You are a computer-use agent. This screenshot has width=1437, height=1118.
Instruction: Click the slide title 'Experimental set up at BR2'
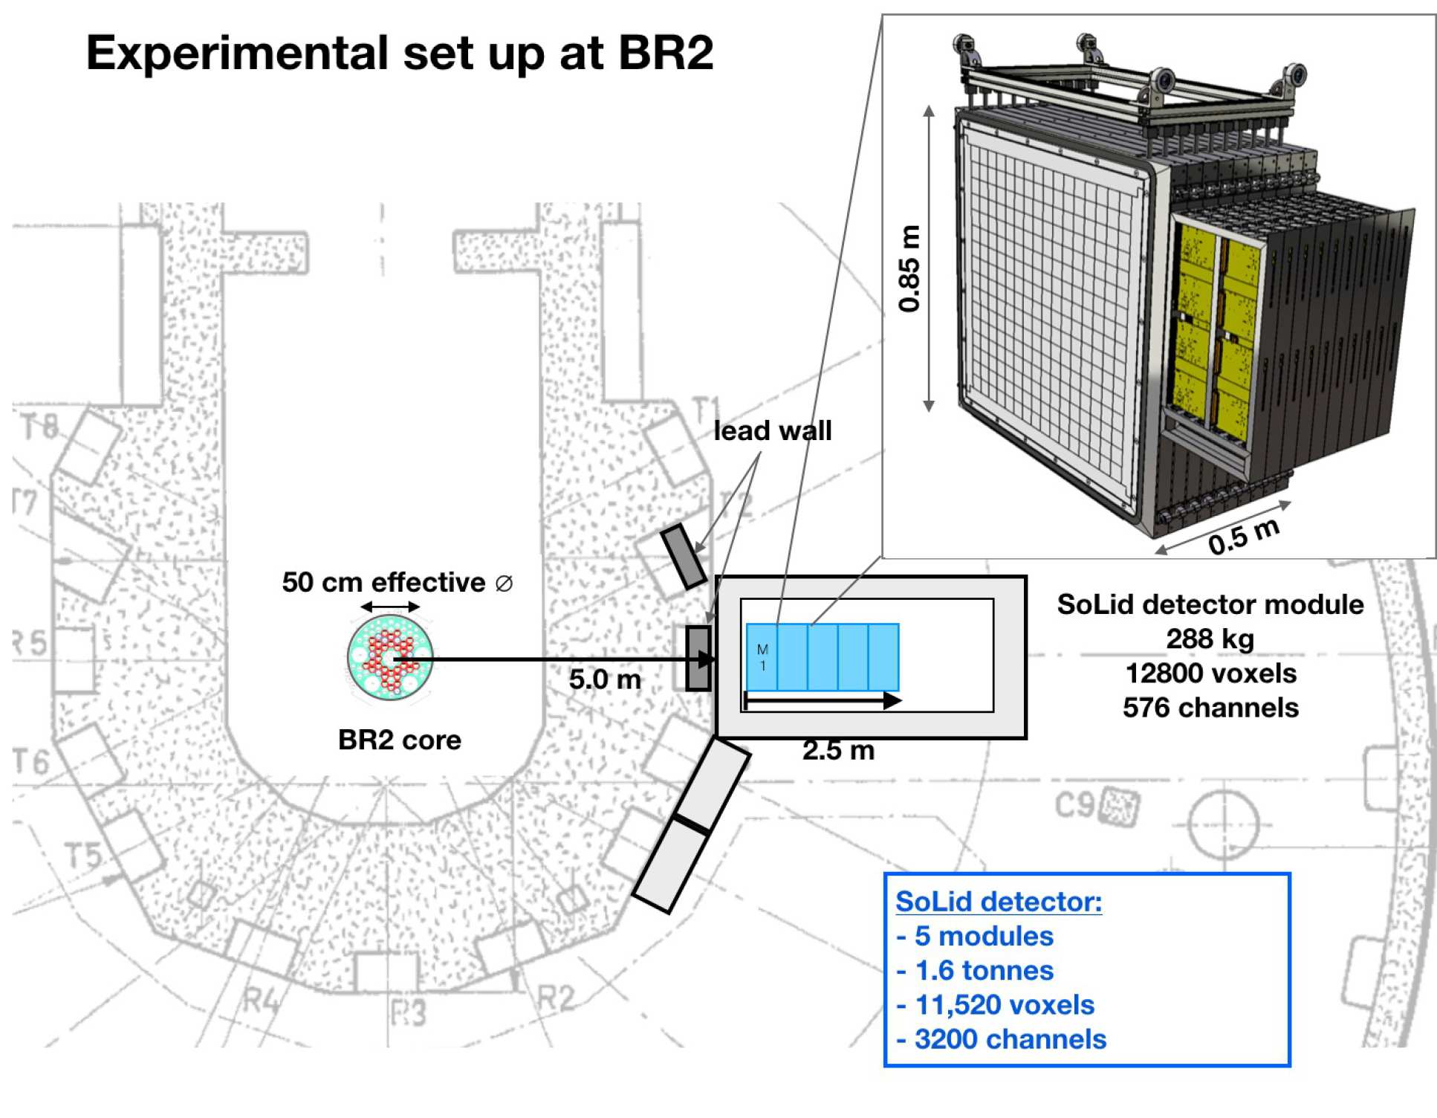click(399, 54)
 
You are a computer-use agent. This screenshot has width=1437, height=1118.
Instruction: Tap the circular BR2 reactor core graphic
click(390, 658)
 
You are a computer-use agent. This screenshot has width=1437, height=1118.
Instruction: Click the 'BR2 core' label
click(399, 740)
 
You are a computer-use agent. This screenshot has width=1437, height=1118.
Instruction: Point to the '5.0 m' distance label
click(605, 679)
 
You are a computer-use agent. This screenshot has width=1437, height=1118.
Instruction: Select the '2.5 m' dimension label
click(838, 751)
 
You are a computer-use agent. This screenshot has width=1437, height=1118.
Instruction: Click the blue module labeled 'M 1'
click(762, 658)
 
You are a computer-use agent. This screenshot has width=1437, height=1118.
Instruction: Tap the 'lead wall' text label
click(772, 431)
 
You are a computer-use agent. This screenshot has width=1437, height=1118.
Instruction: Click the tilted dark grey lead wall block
click(684, 556)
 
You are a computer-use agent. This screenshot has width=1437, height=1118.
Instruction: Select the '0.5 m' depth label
click(1243, 537)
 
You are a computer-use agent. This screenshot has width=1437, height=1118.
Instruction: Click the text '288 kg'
click(1210, 639)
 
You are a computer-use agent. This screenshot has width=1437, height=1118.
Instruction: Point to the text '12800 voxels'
click(1210, 673)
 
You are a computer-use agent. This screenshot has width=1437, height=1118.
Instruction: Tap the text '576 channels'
click(1210, 708)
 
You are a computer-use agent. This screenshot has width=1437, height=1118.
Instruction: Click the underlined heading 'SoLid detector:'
click(998, 902)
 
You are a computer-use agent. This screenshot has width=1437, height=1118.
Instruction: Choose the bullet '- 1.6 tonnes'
click(975, 971)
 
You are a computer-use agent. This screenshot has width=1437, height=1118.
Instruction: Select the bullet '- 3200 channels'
click(1001, 1039)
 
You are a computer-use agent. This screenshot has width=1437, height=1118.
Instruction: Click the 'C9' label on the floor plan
click(1074, 804)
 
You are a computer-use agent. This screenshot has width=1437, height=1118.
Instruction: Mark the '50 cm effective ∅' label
click(397, 583)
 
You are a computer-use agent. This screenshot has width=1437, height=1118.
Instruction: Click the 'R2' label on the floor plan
click(555, 998)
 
